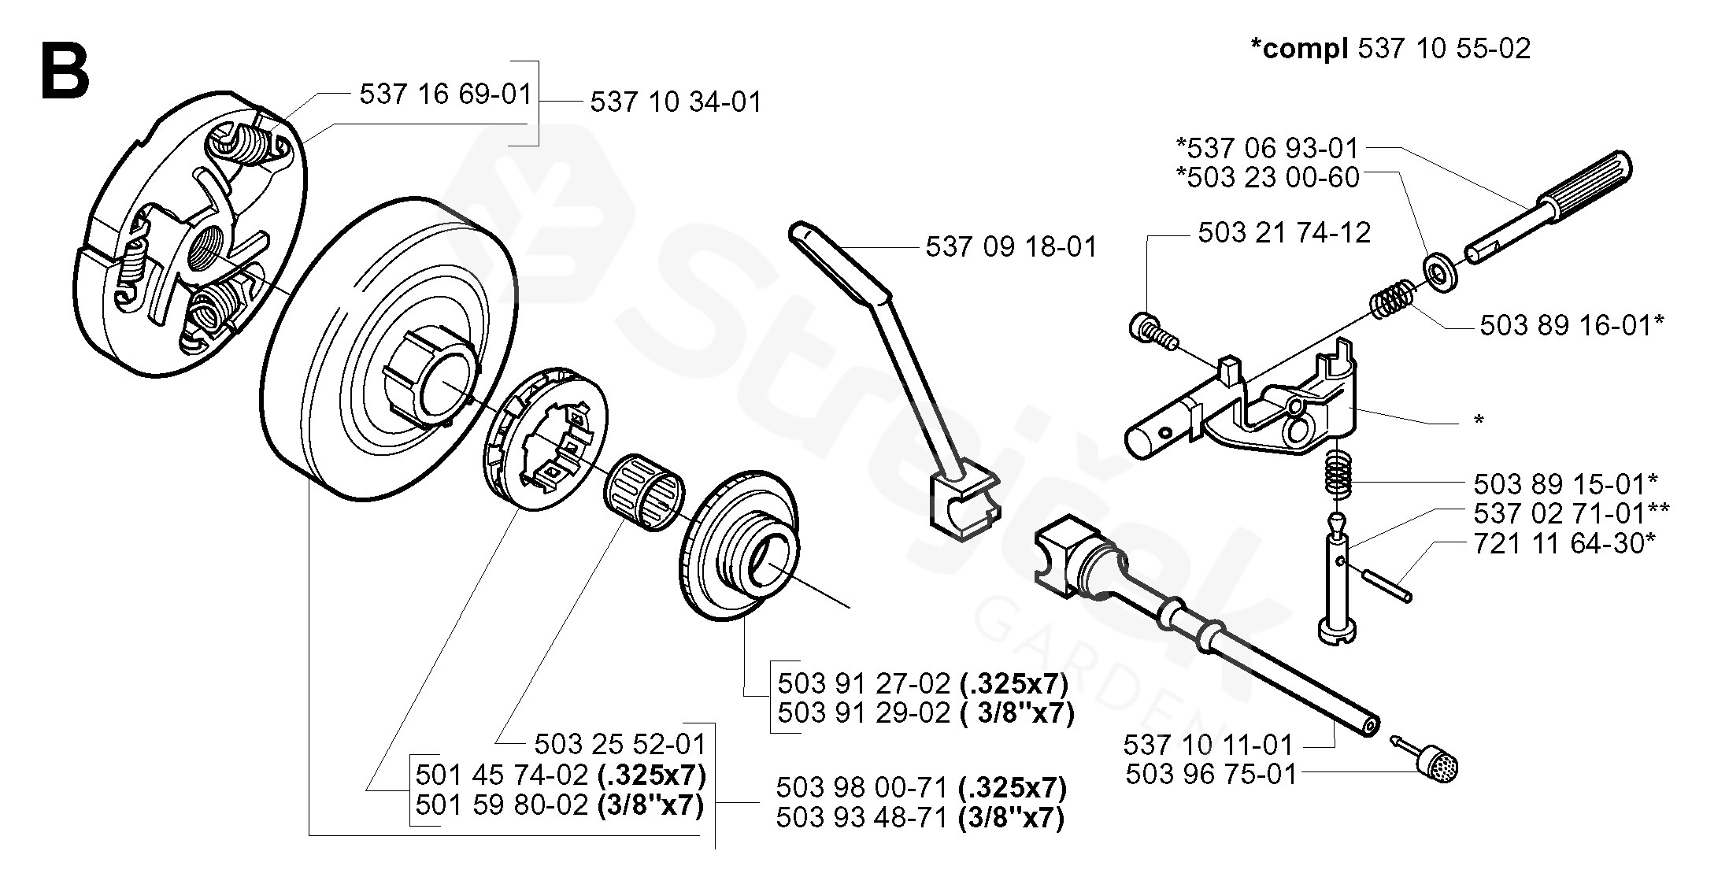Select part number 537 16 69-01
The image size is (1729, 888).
tap(446, 94)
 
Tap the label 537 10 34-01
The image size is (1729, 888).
tap(676, 102)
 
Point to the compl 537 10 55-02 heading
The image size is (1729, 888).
tap(1390, 49)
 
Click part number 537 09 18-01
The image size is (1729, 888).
tap(1010, 247)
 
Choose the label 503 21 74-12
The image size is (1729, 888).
tap(1284, 232)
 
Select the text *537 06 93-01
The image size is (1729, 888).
tap(1268, 148)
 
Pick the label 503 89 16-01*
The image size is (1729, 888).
tap(1572, 325)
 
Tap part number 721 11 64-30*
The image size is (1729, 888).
tap(1564, 543)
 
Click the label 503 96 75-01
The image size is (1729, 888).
tap(1210, 775)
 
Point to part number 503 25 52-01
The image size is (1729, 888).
tap(620, 744)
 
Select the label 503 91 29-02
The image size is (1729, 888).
tap(864, 712)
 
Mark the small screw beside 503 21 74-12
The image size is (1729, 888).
tap(1153, 330)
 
